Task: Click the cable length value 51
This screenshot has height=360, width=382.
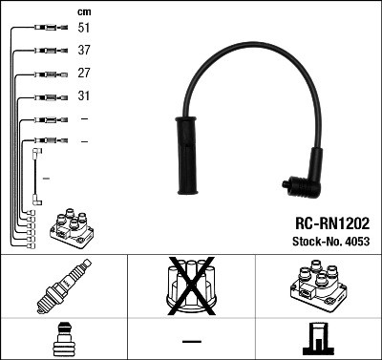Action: coord(84,29)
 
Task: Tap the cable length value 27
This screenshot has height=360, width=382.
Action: coord(84,74)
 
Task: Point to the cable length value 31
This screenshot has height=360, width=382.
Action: coord(84,95)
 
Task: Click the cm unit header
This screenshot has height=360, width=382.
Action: coord(84,11)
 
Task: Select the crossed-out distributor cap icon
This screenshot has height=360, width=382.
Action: coord(191,287)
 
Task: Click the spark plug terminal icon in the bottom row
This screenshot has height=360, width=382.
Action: coord(63,340)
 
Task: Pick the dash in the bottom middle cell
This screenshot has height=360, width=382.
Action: coord(191,341)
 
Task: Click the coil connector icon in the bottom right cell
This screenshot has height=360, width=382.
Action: coord(318,340)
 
